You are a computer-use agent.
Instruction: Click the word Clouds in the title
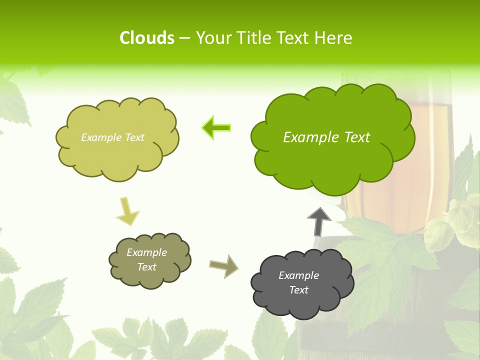point(147,38)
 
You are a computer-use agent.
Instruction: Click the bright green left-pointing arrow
point(216,128)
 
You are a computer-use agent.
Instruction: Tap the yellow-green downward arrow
point(127,210)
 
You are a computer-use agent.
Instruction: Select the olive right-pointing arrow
point(223,265)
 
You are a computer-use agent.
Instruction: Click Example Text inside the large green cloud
point(326,137)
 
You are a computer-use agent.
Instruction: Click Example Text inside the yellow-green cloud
point(112,137)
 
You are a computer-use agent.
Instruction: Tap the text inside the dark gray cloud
point(298,282)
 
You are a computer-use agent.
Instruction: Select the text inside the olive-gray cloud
point(146,259)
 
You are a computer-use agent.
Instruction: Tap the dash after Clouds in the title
point(184,38)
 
